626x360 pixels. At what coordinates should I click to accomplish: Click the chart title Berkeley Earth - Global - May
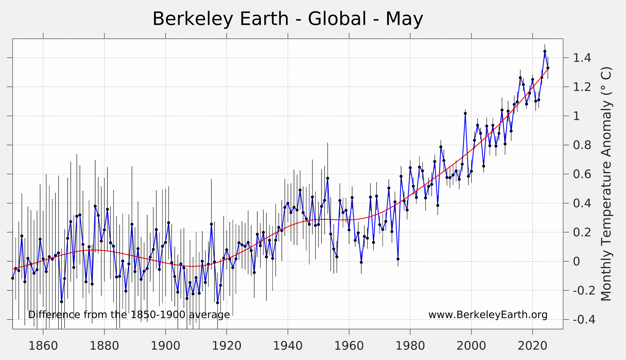[288, 19]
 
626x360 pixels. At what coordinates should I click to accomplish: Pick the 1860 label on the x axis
[43, 346]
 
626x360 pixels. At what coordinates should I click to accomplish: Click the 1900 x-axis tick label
[165, 346]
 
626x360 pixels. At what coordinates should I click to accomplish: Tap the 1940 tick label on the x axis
[288, 346]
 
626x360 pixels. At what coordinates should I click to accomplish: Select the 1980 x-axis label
[410, 346]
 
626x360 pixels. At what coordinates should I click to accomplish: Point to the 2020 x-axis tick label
[533, 346]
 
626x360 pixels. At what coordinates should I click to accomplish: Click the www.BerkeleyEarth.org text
[488, 315]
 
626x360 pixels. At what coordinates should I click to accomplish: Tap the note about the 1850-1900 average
[129, 315]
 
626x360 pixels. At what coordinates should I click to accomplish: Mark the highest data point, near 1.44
[545, 52]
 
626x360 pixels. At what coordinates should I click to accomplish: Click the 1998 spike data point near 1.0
[465, 114]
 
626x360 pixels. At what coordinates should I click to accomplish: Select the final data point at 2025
[548, 68]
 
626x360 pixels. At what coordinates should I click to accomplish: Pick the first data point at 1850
[13, 278]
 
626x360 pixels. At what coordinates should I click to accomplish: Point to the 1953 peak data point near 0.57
[327, 178]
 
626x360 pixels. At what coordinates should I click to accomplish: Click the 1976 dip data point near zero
[398, 259]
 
